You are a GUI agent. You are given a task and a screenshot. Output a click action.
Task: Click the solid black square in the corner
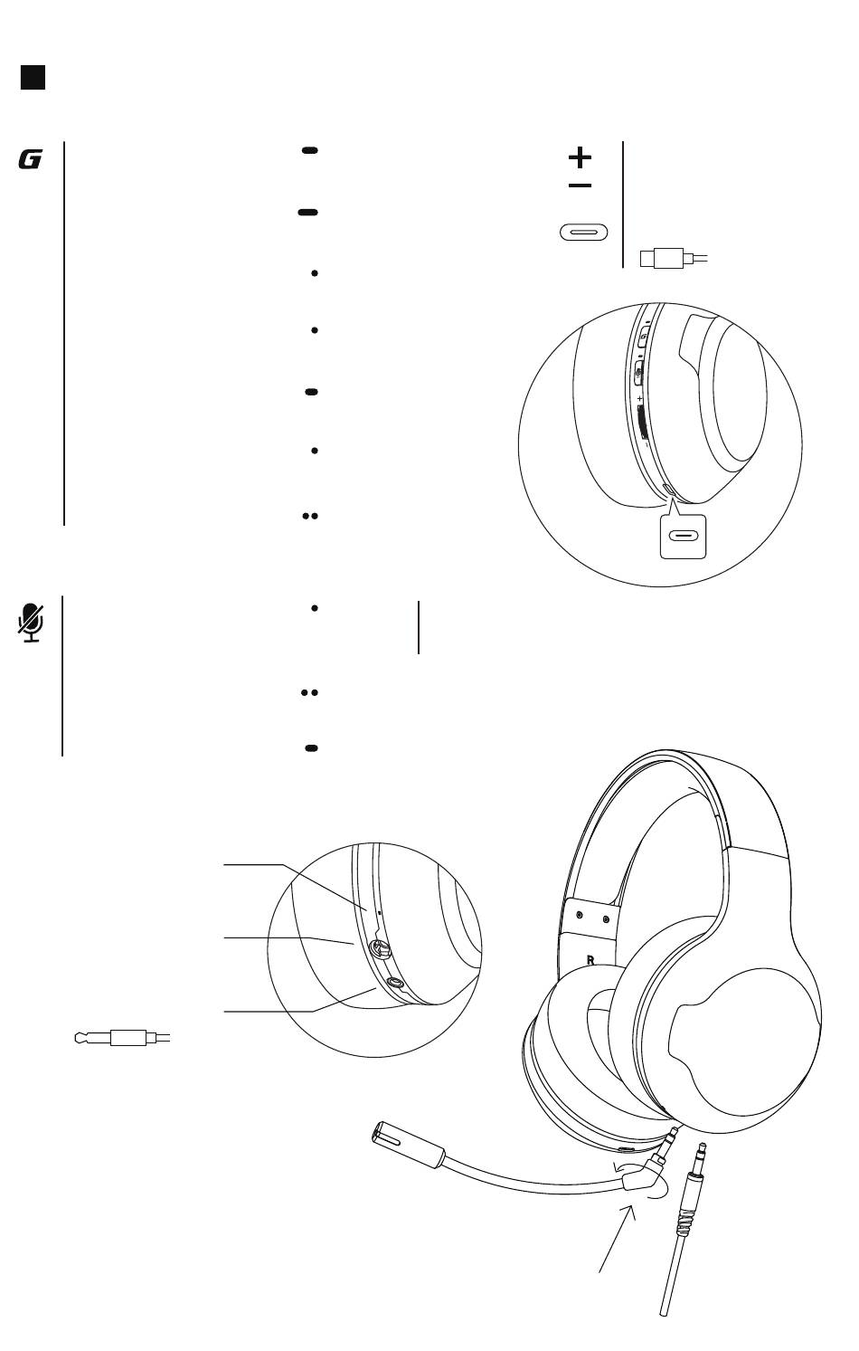coord(33,77)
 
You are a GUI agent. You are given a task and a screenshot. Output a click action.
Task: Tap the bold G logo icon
coord(30,160)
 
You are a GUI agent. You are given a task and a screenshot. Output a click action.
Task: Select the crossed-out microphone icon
coord(31,623)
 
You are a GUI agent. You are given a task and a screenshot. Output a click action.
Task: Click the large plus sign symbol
coord(580,157)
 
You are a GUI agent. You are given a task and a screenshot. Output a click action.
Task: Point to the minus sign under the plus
coord(580,186)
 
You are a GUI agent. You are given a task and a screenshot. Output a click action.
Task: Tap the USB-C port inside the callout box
coord(683,536)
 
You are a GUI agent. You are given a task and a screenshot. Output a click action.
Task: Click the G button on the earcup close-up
coord(644,338)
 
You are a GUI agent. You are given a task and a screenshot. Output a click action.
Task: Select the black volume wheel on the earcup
coord(643,422)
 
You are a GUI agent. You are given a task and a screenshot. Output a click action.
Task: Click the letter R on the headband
coord(590,960)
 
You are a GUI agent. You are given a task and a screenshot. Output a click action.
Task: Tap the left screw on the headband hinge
coord(580,916)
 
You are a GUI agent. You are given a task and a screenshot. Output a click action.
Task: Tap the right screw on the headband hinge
coord(605,919)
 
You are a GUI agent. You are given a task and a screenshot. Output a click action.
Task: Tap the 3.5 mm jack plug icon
coord(122,1037)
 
